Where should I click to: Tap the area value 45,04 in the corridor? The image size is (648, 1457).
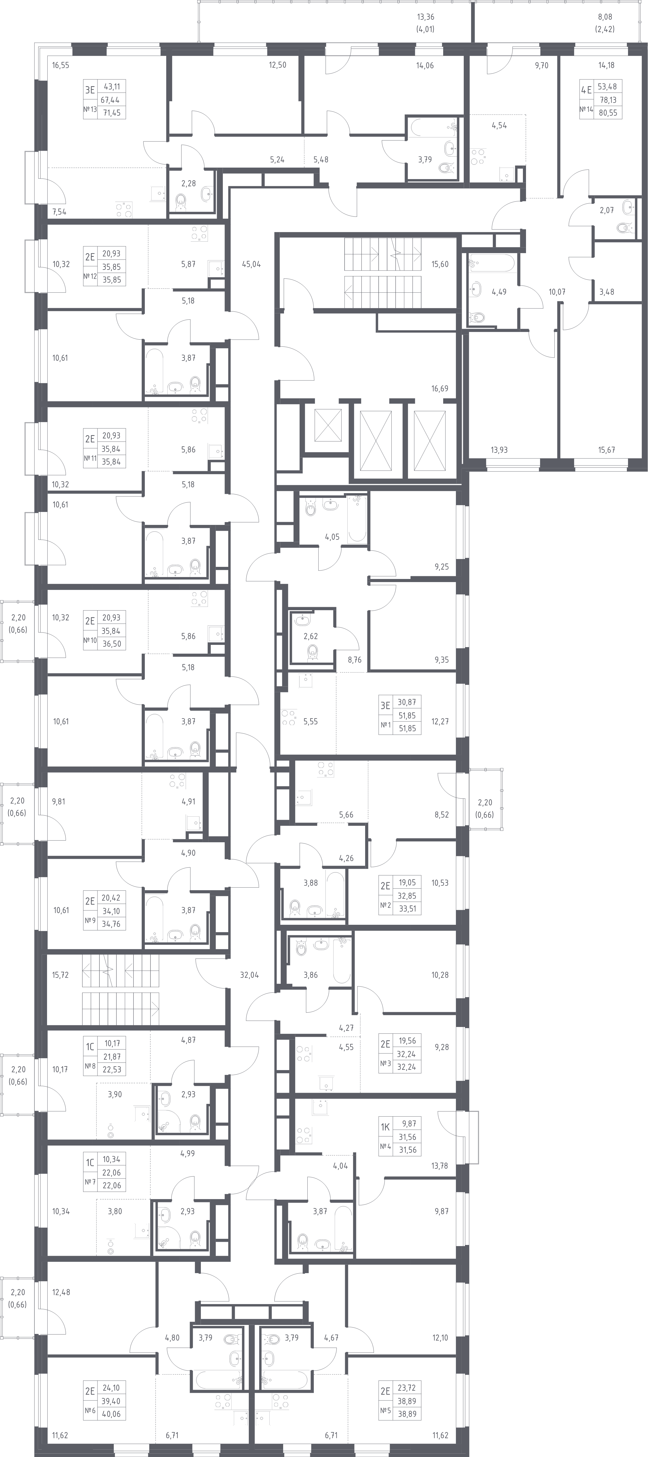[x=251, y=264]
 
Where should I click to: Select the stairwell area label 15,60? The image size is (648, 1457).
[x=440, y=264]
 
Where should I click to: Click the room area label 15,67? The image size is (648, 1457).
[x=606, y=450]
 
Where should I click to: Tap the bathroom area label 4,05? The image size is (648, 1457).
[x=332, y=537]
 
